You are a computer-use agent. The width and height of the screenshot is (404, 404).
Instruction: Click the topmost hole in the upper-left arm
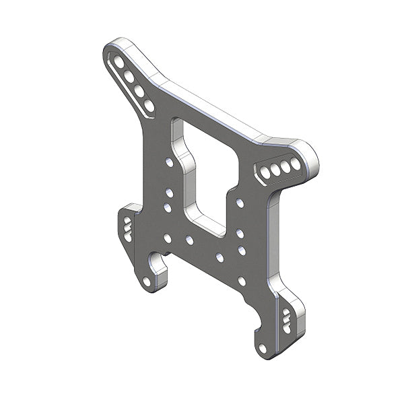[x=119, y=63]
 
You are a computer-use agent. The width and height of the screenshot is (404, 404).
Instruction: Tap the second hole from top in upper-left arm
[x=129, y=77]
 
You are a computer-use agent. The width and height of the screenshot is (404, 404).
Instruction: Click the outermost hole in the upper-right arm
[x=296, y=164]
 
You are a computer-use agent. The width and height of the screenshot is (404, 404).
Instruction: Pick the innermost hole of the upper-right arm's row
[x=265, y=173]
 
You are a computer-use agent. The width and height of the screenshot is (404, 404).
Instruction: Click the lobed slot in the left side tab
[x=127, y=227]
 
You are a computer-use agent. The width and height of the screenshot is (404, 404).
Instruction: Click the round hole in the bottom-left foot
[x=146, y=281]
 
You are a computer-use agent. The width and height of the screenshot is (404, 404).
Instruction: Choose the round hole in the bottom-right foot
[x=262, y=347]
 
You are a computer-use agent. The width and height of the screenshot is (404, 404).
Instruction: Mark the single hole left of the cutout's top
[x=169, y=162]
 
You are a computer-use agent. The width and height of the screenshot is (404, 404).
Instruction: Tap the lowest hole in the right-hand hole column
[x=242, y=281]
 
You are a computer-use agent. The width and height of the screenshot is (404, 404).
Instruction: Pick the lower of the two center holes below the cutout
[x=220, y=257]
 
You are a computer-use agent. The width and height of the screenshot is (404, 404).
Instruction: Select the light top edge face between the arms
[x=215, y=111]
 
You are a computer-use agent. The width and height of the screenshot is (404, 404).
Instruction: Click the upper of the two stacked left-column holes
[x=169, y=193]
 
